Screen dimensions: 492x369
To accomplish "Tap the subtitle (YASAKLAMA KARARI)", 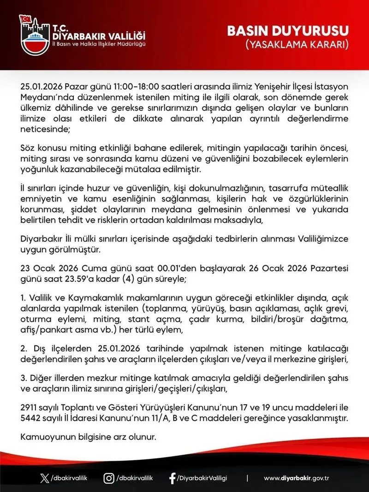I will pos(296,45).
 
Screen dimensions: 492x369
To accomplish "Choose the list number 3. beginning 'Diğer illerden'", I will pos(24,378).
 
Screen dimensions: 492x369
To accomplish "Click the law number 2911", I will pos(30,408).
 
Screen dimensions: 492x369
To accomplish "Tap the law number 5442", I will pos(31,418).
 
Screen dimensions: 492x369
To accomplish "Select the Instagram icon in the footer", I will pos(109,478).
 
